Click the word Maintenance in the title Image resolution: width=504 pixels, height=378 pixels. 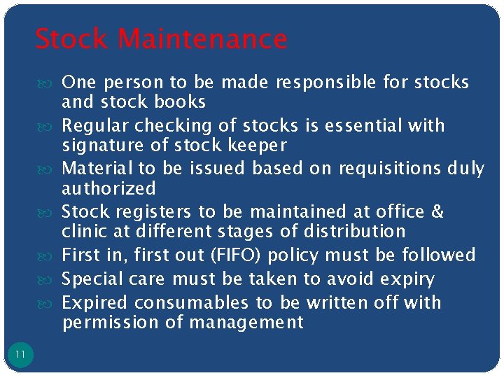[202, 39]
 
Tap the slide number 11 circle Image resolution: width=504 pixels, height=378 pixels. [20, 355]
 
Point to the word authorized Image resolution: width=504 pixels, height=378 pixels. [108, 188]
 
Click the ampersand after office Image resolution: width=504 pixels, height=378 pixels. [438, 212]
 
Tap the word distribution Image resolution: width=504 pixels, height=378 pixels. [356, 232]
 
